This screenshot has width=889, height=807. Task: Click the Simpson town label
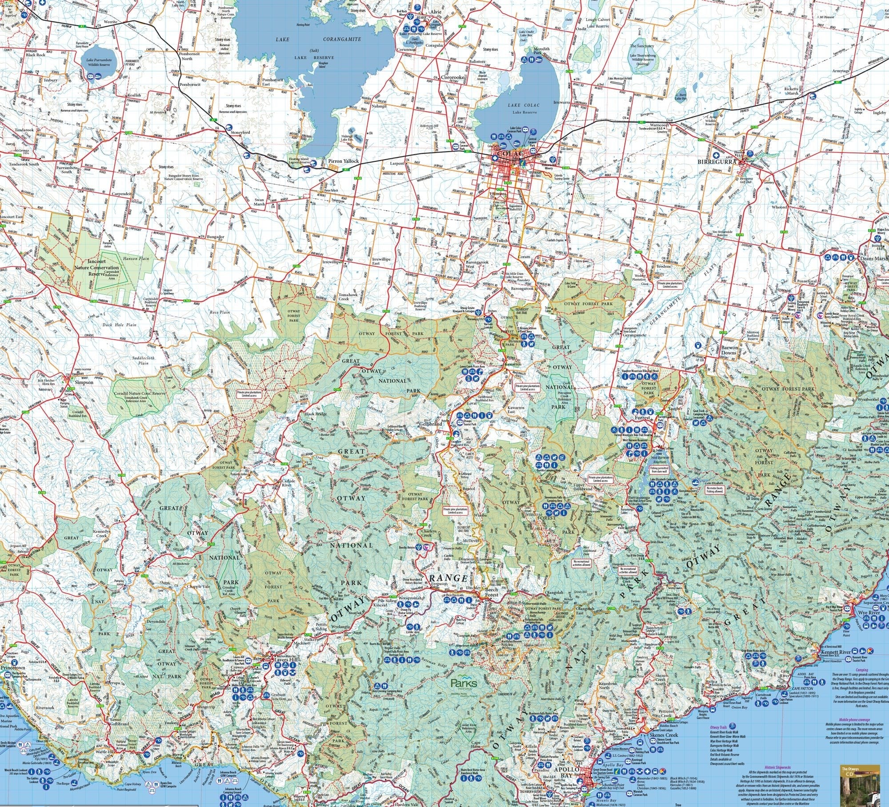[x=84, y=382]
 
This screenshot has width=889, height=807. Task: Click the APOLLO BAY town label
[x=567, y=770]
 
